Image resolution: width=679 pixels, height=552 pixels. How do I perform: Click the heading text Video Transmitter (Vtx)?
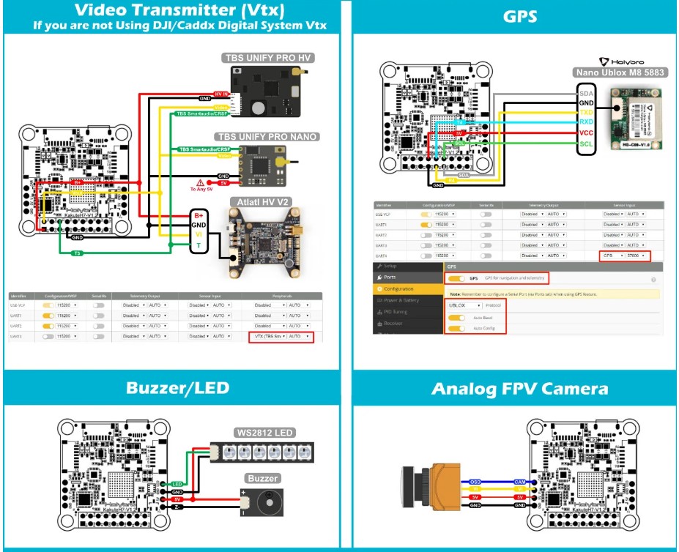[x=171, y=10]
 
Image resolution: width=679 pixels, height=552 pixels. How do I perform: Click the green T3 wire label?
[x=76, y=253]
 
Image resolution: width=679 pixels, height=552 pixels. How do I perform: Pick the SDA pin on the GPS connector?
[x=587, y=94]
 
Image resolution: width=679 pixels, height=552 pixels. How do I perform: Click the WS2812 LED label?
[x=264, y=433]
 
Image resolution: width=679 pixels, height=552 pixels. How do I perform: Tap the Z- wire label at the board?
[x=177, y=507]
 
